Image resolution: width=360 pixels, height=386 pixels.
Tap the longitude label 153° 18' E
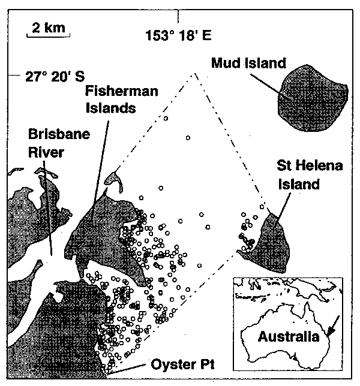click(x=178, y=35)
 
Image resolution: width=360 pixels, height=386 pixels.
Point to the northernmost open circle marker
click(x=165, y=119)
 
